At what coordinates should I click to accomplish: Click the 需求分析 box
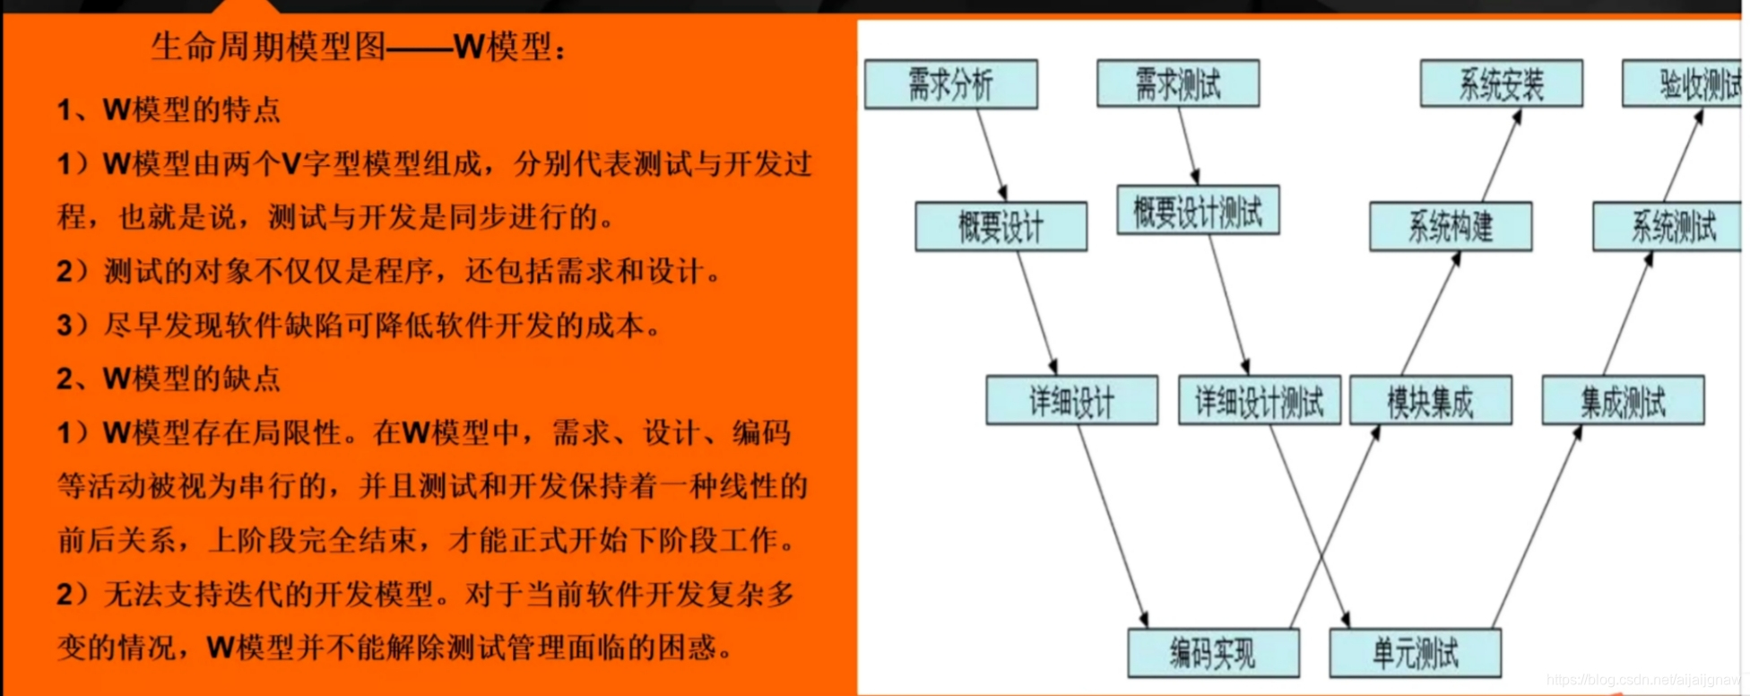click(x=950, y=84)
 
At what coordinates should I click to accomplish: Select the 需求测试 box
click(x=1177, y=83)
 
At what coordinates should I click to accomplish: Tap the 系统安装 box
click(x=1501, y=83)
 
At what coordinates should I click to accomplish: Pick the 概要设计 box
click(x=1001, y=226)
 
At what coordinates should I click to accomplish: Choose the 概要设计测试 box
click(x=1197, y=211)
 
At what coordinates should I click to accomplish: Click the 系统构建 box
click(x=1450, y=226)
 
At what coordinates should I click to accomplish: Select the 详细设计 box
click(x=1071, y=400)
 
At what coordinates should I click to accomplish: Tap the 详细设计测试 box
click(x=1259, y=400)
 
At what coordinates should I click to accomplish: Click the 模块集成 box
click(x=1430, y=400)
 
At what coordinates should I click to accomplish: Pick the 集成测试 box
click(x=1622, y=400)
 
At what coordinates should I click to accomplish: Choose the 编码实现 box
click(x=1212, y=653)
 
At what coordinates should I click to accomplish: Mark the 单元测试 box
click(x=1415, y=653)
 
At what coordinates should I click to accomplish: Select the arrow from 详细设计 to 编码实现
click(x=1112, y=525)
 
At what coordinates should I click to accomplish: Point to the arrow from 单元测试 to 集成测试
click(x=1536, y=526)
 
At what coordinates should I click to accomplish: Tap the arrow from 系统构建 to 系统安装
click(x=1502, y=155)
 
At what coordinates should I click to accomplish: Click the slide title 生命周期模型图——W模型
click(x=359, y=46)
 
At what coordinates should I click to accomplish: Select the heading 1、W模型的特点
click(x=169, y=109)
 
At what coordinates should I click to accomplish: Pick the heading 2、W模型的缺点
click(x=169, y=378)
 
